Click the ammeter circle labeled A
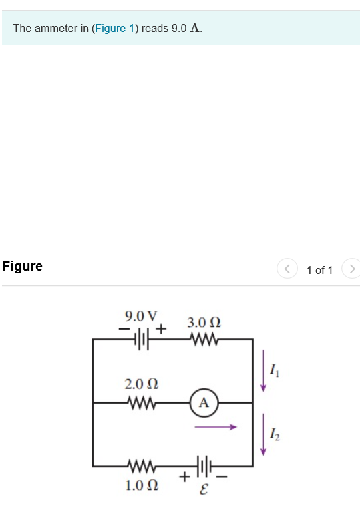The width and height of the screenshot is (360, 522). (x=204, y=402)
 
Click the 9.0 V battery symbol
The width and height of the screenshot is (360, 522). (x=142, y=340)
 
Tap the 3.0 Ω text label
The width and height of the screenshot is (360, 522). (x=204, y=323)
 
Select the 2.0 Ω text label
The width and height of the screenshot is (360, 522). (x=141, y=384)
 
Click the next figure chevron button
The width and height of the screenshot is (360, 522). (x=351, y=269)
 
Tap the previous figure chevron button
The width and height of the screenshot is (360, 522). (x=287, y=269)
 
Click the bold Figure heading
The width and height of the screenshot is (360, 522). (x=23, y=267)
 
